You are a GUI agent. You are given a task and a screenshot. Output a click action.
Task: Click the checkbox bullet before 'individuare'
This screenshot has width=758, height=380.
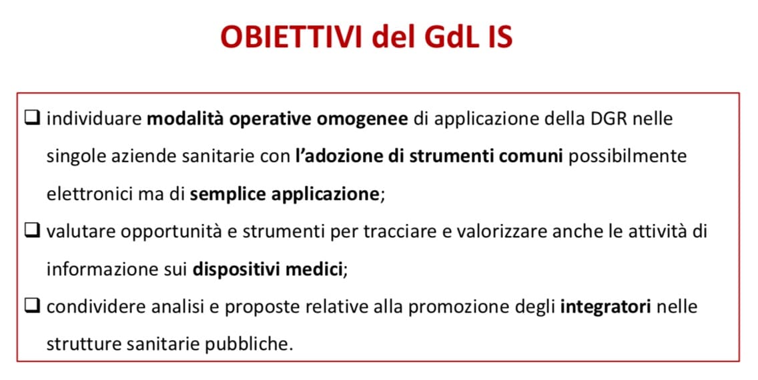coord(32,118)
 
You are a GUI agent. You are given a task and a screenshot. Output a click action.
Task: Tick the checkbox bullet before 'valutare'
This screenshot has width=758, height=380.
coord(32,231)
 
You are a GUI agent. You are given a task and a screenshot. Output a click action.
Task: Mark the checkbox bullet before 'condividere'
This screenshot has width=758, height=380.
coord(32,306)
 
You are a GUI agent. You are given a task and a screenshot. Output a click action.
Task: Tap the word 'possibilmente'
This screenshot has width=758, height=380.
coord(627,157)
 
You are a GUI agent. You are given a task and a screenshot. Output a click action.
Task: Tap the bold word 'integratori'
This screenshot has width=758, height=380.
coord(606,307)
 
